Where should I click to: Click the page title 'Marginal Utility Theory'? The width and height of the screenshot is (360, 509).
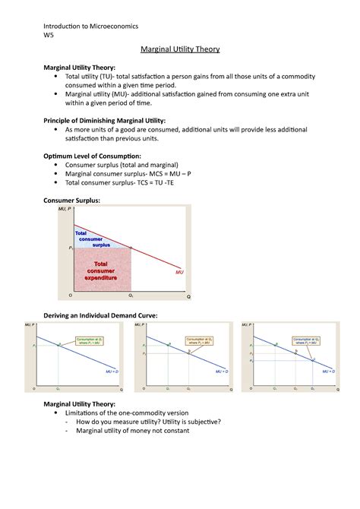point(179,49)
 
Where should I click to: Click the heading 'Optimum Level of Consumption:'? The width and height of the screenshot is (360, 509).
point(92,155)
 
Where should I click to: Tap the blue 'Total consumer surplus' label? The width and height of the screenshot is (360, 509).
point(91,238)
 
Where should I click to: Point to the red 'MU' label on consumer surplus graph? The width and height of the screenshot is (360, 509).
point(179,271)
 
